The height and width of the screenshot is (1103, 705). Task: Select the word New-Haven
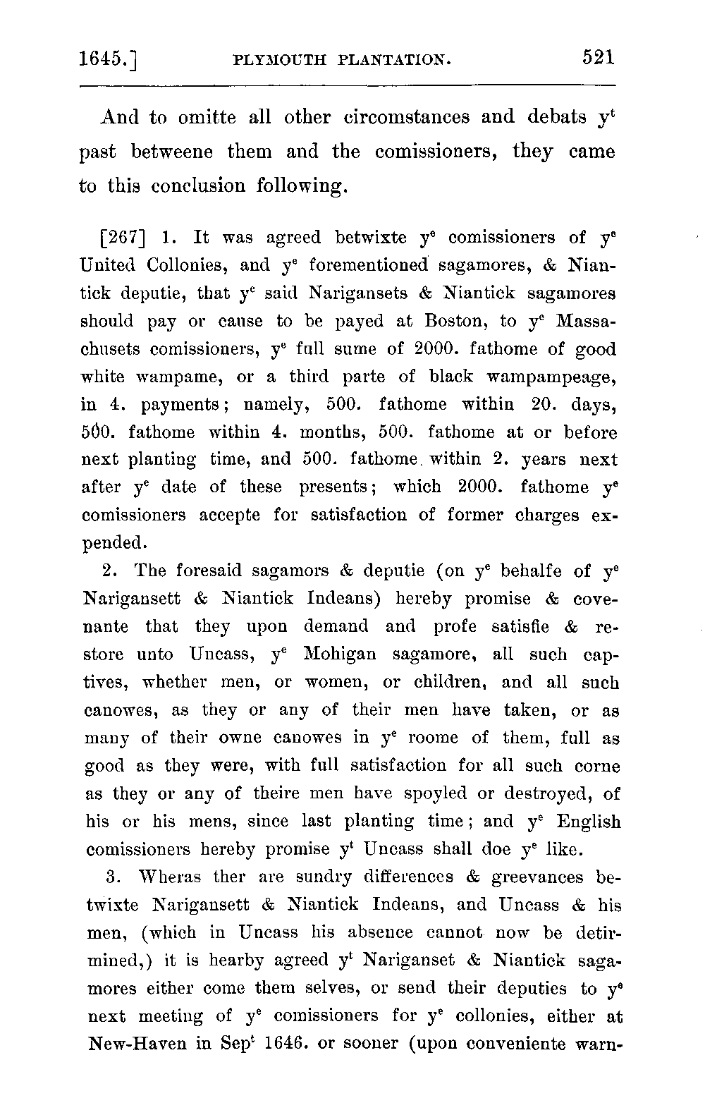(x=140, y=1044)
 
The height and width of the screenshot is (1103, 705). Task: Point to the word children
(x=448, y=683)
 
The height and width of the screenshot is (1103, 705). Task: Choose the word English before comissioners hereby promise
(x=588, y=822)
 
